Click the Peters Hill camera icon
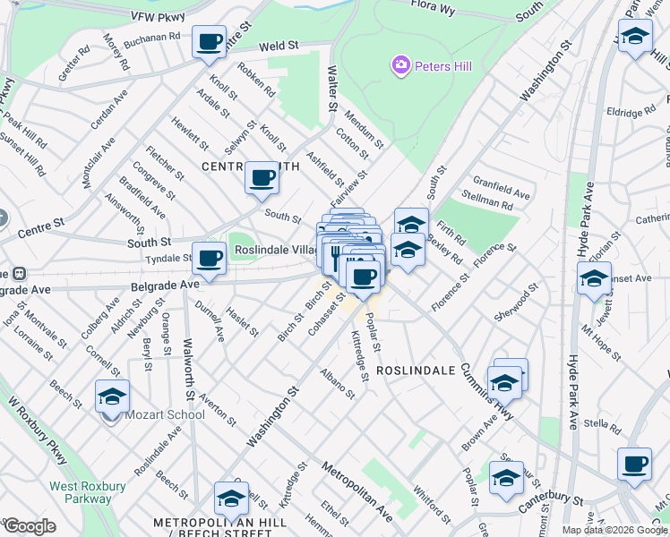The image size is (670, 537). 399,64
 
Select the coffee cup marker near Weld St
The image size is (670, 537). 210,40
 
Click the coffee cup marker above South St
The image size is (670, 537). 262,177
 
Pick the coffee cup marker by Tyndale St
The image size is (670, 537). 210,259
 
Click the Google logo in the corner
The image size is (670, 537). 30,525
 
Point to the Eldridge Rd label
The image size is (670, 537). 631,113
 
